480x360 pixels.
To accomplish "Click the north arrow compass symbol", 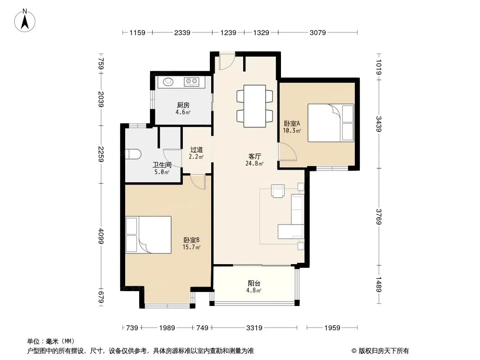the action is coord(25,21).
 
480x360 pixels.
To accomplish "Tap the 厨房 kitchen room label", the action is coord(183,105).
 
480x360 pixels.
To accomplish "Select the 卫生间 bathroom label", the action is coord(162,165).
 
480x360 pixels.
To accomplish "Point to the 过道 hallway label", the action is coord(196,149).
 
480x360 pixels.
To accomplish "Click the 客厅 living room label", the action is coord(254,156).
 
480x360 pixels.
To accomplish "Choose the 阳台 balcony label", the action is coord(254,283).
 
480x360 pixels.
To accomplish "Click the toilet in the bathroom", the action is coord(133,154).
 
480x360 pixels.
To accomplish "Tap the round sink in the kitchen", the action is coord(168,81).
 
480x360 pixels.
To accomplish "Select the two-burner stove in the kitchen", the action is coord(191,81).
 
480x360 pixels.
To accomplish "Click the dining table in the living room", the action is coord(255,106).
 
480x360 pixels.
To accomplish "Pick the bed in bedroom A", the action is coord(331,123).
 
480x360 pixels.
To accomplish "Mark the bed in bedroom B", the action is coord(148,234).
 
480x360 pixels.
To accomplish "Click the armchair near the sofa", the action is coord(278,191).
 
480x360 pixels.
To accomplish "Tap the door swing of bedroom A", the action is coord(287,151).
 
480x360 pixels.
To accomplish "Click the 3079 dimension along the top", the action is coord(317,32).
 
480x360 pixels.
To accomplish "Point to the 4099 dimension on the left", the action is coord(101,236).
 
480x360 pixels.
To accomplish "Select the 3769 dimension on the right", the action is coord(379,216).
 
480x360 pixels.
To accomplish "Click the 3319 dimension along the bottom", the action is coord(254,328).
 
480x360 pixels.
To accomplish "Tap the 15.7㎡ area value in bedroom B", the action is coord(191,247).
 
